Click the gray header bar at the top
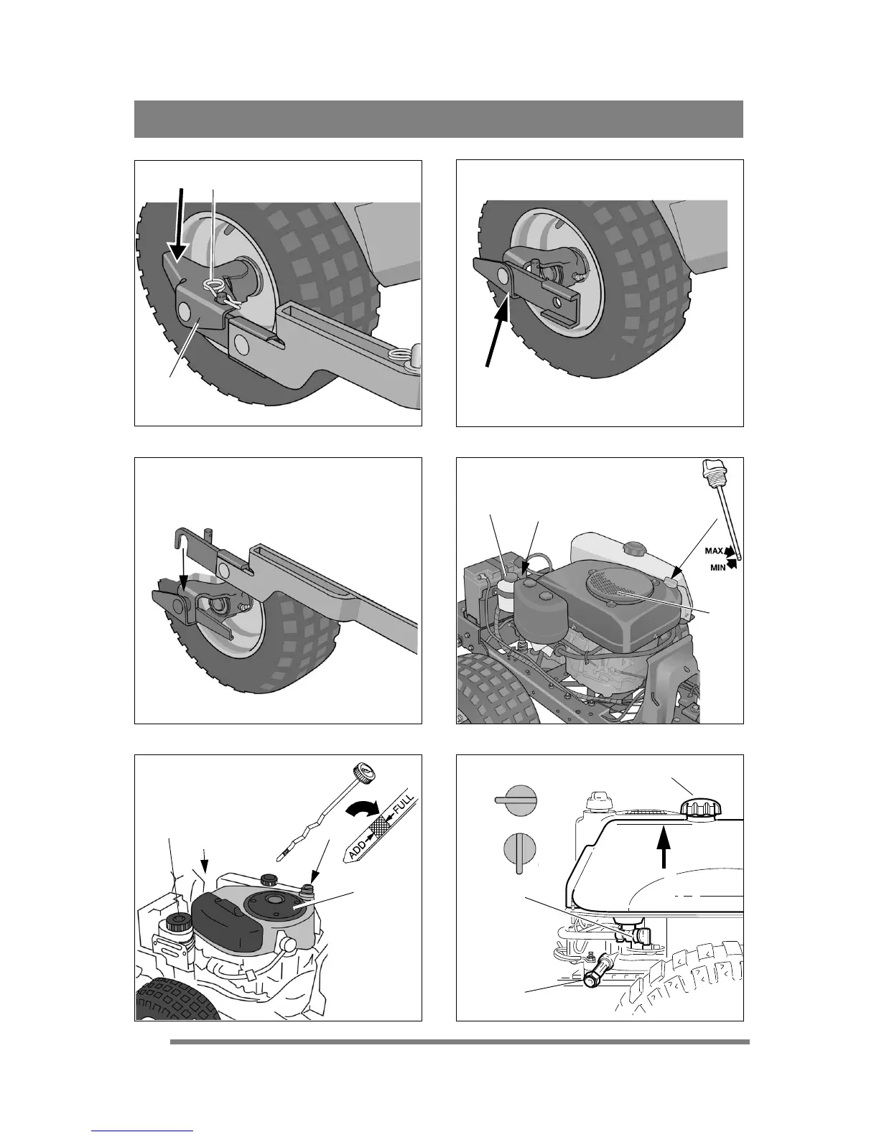pos(438,118)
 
